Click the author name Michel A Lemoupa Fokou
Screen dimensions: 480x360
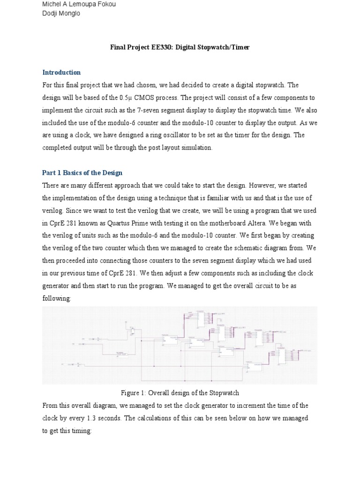click(x=79, y=4)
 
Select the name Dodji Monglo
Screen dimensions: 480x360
click(x=61, y=14)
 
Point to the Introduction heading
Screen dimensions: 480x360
click(x=61, y=73)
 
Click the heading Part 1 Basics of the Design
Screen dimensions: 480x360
click(x=82, y=173)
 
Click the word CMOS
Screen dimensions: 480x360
click(x=147, y=97)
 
